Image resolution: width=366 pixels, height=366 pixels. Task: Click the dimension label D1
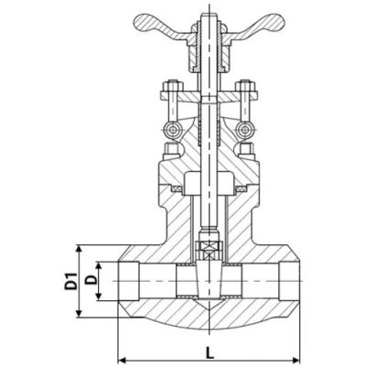click(x=70, y=281)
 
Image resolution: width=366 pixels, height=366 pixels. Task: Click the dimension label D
click(x=91, y=279)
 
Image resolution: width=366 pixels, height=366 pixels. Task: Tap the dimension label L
click(x=210, y=353)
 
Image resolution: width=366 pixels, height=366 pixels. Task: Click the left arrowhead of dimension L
click(x=122, y=360)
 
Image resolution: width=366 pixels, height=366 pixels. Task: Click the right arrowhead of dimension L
click(x=296, y=360)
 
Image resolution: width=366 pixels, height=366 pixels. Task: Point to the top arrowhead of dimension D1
click(x=79, y=249)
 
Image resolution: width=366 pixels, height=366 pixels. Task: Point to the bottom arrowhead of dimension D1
click(x=79, y=313)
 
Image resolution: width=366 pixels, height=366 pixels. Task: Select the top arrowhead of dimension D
click(x=98, y=266)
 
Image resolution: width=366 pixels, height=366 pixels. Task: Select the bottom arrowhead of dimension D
click(x=98, y=296)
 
